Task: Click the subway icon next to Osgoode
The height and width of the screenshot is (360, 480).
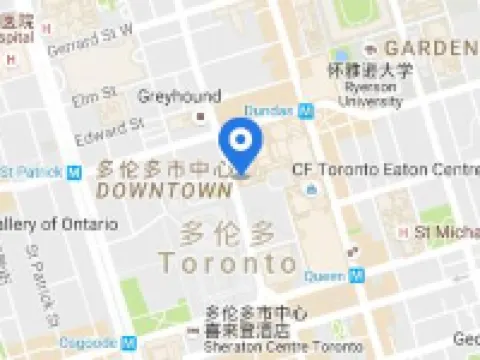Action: tap(127, 342)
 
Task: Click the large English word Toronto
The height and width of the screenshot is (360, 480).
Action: tap(229, 264)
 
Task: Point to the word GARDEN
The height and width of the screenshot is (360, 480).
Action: tap(430, 48)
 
